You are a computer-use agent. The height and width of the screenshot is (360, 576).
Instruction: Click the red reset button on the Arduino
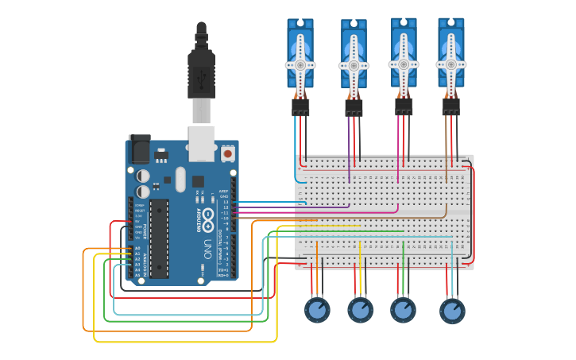pyautogui.click(x=228, y=153)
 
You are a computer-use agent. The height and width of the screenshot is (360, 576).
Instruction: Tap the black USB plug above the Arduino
pyautogui.click(x=202, y=72)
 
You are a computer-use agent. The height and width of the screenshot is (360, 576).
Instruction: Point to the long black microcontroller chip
pyautogui.click(x=159, y=238)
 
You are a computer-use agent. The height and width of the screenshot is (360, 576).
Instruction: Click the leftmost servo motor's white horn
pyautogui.click(x=300, y=65)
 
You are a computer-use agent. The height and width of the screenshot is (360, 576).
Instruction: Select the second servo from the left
pyautogui.click(x=354, y=56)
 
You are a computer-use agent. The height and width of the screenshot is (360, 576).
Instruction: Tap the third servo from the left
pyautogui.click(x=404, y=54)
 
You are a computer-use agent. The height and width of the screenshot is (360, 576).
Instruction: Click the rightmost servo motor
pyautogui.click(x=450, y=54)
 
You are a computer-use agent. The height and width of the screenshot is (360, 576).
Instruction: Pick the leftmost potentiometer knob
pyautogui.click(x=317, y=309)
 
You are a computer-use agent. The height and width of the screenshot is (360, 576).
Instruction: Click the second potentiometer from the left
pyautogui.click(x=360, y=309)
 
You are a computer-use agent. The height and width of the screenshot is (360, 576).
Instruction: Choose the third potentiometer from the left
pyautogui.click(x=403, y=309)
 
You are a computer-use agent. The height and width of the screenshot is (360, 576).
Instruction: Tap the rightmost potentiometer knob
pyautogui.click(x=452, y=310)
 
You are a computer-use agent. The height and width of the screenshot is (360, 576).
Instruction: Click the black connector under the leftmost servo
pyautogui.click(x=300, y=106)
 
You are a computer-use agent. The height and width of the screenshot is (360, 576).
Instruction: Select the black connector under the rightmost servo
pyautogui.click(x=450, y=106)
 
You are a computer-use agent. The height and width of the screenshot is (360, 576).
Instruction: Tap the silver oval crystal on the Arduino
pyautogui.click(x=180, y=179)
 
